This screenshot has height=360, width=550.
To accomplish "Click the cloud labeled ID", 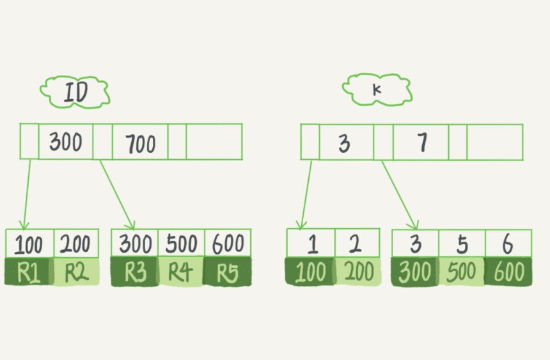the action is (x=75, y=93).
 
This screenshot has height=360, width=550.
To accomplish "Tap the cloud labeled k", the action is (x=376, y=90).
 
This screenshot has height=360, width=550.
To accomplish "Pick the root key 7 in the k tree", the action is (x=421, y=142).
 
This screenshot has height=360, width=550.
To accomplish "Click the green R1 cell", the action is (x=28, y=272).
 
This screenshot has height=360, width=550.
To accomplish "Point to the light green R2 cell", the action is (x=75, y=272).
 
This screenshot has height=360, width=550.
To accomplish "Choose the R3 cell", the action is (x=134, y=272).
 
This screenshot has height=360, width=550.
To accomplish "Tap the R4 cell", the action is (x=181, y=272).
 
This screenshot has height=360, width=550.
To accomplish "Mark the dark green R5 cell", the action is (x=228, y=272).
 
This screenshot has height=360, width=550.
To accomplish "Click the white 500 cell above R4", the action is (x=181, y=244).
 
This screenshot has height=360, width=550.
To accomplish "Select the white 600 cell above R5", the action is (x=228, y=244).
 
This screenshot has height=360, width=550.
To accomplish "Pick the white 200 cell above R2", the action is (x=75, y=244).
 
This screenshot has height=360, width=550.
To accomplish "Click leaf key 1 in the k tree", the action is (x=310, y=244).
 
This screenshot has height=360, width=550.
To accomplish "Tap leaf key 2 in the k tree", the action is (x=357, y=244).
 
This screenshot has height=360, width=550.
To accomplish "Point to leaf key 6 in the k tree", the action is (x=508, y=244).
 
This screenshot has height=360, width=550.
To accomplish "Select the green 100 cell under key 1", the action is (x=310, y=272).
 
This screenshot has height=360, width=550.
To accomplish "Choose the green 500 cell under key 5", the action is (x=462, y=272).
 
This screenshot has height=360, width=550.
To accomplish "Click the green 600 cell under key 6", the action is (x=508, y=272).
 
